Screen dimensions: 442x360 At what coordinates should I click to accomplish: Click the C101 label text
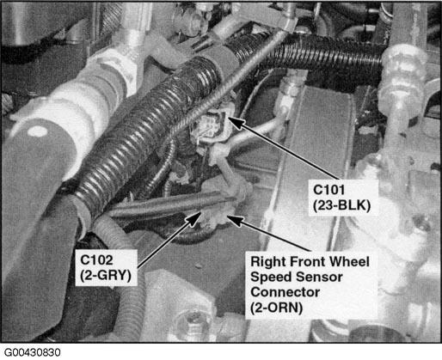pyautogui.click(x=328, y=190)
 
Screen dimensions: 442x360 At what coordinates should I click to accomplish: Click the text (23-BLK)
pyautogui.click(x=341, y=205)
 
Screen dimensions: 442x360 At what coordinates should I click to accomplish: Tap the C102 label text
pyautogui.click(x=96, y=260)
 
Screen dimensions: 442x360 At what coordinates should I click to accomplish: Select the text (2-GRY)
pyautogui.click(x=106, y=276)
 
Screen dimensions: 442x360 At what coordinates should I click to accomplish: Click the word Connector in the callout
pyautogui.click(x=285, y=292)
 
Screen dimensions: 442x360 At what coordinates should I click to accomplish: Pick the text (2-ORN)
pyautogui.click(x=276, y=308)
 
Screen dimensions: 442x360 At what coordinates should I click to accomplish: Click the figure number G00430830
pyautogui.click(x=33, y=352)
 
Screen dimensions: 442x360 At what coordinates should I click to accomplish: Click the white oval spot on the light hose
pyautogui.click(x=36, y=131)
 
